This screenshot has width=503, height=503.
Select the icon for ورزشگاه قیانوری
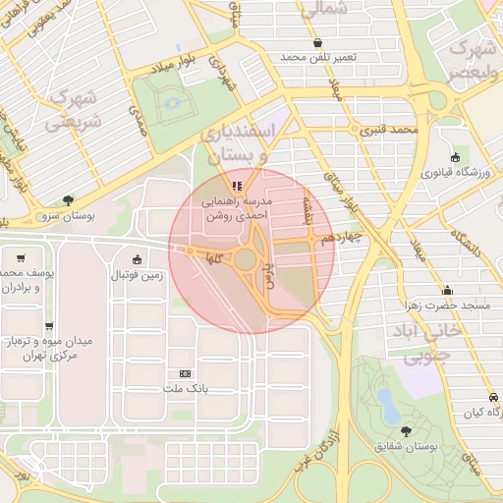click(455, 157)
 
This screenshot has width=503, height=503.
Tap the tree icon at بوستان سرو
click(67, 199)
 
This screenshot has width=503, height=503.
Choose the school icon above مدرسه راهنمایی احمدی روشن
click(235, 186)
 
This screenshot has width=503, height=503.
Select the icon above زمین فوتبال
click(137, 260)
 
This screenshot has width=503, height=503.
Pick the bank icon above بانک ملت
click(185, 374)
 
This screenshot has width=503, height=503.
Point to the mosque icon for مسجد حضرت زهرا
click(448, 290)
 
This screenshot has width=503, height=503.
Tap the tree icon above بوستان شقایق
click(406, 430)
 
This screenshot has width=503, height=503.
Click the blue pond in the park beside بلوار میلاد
click(172, 102)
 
